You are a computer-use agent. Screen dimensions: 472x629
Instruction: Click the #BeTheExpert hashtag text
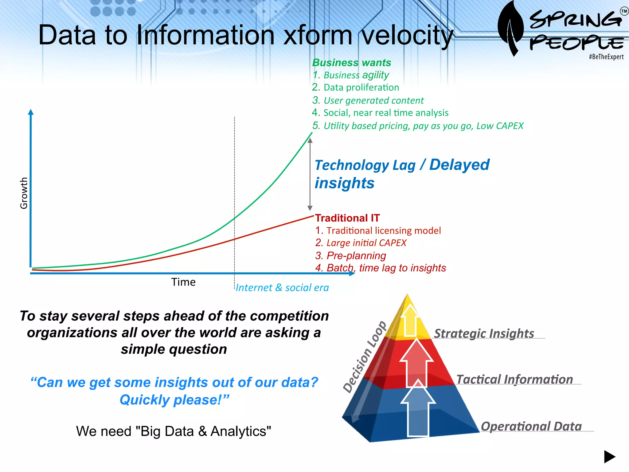(606, 57)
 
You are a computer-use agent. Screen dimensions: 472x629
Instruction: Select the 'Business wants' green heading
(351, 63)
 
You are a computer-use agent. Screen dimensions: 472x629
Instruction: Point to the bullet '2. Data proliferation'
(355, 88)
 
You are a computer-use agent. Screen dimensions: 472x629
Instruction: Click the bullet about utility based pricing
(418, 126)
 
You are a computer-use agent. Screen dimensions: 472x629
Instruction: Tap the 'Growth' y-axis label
(24, 193)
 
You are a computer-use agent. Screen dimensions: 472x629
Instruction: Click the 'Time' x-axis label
(183, 282)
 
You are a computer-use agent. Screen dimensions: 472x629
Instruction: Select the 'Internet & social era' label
(282, 288)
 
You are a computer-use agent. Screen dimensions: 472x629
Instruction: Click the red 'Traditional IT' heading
(347, 218)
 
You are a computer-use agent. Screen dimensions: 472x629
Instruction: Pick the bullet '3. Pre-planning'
(350, 256)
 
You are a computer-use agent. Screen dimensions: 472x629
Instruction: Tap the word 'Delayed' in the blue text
(459, 165)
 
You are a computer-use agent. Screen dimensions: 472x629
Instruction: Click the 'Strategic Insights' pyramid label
(484, 334)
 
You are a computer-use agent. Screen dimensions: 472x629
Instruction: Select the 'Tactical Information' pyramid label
(514, 380)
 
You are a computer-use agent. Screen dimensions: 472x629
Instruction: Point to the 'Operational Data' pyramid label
(531, 427)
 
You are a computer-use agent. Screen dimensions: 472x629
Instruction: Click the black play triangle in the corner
(609, 457)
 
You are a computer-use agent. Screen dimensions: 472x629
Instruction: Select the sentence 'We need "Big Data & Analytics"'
(174, 431)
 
